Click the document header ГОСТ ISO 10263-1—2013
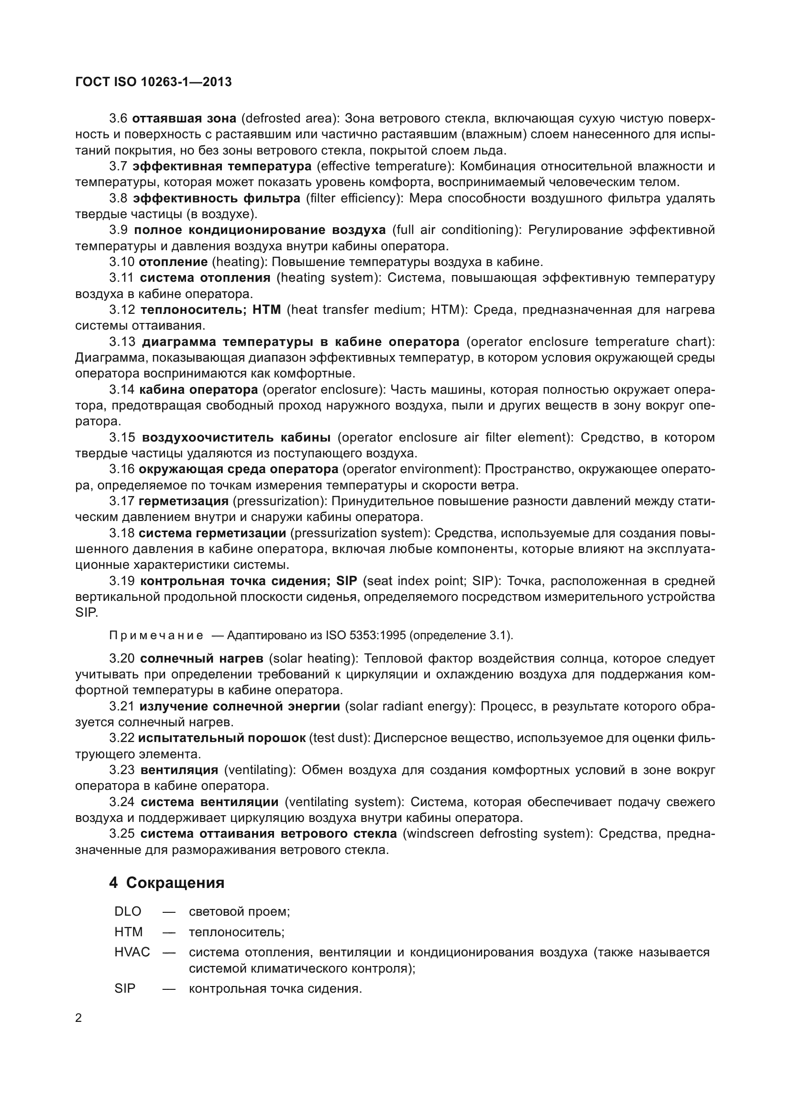(x=154, y=82)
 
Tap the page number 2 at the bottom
(x=78, y=1019)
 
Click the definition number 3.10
(x=122, y=262)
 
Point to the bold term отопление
(x=174, y=262)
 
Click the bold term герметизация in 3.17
(x=184, y=501)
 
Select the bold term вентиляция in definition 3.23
(x=179, y=770)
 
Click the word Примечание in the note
(x=156, y=635)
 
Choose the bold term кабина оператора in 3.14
(x=198, y=390)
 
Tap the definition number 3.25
(x=122, y=834)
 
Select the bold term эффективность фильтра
(x=217, y=199)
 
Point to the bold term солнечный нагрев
(x=202, y=659)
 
